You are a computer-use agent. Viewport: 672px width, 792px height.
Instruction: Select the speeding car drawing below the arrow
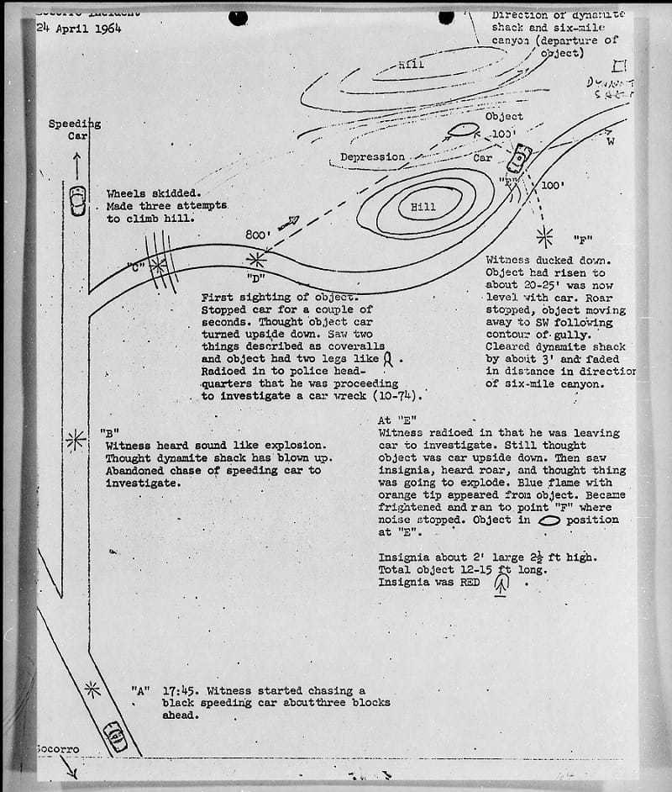point(77,200)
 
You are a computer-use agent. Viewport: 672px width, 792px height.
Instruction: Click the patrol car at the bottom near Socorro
point(114,737)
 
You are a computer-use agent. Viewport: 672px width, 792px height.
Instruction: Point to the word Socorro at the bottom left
point(59,748)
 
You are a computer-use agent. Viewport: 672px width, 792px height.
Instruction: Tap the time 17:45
point(177,689)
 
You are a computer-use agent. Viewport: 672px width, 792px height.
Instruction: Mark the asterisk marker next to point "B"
point(76,438)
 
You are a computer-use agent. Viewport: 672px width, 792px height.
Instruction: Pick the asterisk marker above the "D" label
point(254,260)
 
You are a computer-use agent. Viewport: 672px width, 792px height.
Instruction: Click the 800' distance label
point(256,235)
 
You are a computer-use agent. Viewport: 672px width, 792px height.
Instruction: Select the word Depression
point(372,157)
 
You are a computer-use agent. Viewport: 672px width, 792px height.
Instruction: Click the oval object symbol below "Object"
point(464,130)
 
